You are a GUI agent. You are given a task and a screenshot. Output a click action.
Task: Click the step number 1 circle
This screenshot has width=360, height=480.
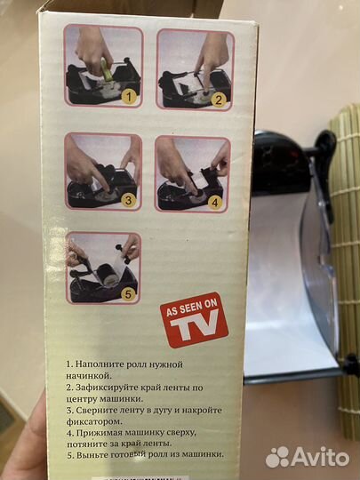[x=128, y=94]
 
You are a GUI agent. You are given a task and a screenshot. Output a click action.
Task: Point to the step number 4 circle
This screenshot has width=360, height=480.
[x=214, y=201]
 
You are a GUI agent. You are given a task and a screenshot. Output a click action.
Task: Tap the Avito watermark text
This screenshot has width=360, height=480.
[x=320, y=457]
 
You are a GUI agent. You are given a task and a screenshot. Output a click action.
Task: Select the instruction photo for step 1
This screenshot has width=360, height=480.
[x=102, y=67]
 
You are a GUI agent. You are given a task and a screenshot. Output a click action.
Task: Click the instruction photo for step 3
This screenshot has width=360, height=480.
[x=102, y=172]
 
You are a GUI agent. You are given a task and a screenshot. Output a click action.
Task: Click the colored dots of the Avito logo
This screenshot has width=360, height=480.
[x=277, y=457]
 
